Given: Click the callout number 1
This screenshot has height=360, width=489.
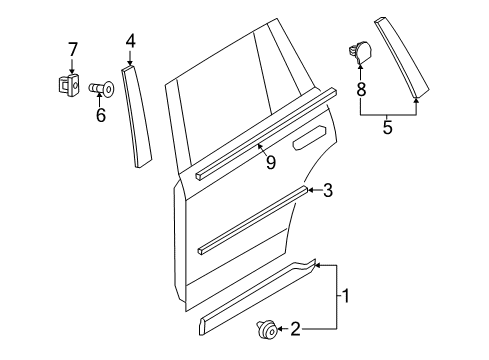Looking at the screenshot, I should (347, 296).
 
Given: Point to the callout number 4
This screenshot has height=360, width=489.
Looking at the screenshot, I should (130, 41).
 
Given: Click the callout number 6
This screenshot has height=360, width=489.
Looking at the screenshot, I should (99, 116).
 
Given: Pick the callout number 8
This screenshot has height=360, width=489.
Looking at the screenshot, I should (360, 89).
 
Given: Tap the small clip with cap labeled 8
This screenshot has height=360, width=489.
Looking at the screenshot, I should (361, 49).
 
